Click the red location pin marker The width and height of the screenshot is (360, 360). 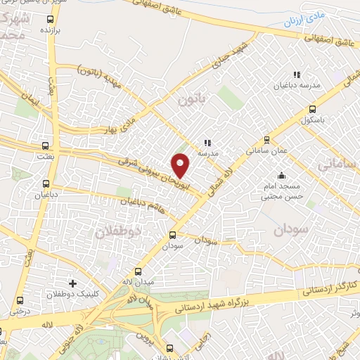pos(181,165)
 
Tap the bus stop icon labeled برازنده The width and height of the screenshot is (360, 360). pos(49,20)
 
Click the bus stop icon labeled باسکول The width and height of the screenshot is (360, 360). pos(312,109)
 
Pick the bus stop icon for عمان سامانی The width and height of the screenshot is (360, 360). pos(266,139)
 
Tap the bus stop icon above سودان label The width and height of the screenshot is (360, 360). pos(173,236)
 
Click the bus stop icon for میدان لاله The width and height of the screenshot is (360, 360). pos(138,271)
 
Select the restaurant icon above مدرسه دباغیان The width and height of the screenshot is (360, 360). pos(296,74)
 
